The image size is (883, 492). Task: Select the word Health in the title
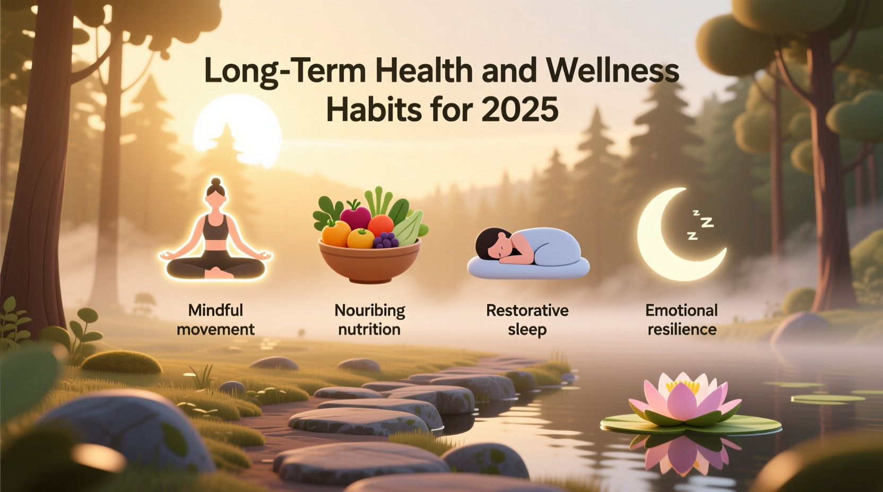pos(424,71)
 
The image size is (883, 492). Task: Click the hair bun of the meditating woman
pos(216,182)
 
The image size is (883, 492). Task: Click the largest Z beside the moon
pos(707,222)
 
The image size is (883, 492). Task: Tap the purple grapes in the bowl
pos(385,240)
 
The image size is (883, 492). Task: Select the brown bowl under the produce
pos(369,262)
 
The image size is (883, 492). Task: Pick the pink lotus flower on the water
pos(685,400)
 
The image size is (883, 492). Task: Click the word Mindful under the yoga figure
pos(215,310)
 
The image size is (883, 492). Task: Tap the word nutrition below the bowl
pos(369,329)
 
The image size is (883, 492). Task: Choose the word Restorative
pos(527,310)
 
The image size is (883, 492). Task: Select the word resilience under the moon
pos(682,329)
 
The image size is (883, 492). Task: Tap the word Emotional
pos(681,310)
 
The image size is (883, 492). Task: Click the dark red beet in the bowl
pos(355,217)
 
